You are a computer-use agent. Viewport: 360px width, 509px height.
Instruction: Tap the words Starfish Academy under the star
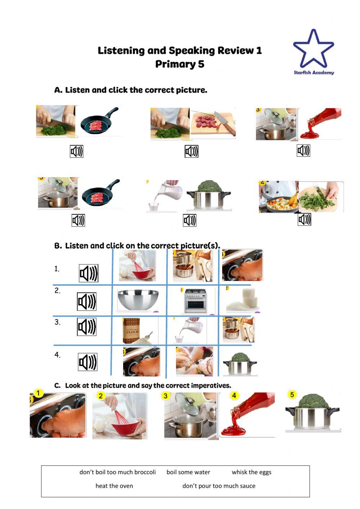click(x=314, y=72)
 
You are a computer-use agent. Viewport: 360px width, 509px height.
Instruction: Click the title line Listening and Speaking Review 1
click(x=180, y=50)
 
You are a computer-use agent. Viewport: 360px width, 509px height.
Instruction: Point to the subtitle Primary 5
click(x=180, y=64)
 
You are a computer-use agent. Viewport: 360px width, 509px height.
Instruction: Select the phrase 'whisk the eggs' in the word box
click(x=251, y=472)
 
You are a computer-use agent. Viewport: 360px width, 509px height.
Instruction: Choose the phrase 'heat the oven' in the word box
click(x=114, y=486)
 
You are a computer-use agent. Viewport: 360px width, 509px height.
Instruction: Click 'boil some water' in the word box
click(x=188, y=472)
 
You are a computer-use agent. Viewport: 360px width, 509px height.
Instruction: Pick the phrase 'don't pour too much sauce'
click(x=219, y=486)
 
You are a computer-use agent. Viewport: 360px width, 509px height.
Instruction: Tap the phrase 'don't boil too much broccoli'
click(x=117, y=472)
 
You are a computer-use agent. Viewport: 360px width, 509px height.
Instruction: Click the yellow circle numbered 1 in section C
click(x=38, y=393)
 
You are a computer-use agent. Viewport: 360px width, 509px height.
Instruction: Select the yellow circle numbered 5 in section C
click(x=292, y=394)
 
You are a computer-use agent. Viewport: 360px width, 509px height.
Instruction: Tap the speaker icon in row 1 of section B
click(x=89, y=273)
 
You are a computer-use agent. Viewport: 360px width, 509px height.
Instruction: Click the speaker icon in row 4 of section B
click(x=87, y=362)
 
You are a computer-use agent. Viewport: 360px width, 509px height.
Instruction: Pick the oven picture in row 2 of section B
click(x=195, y=301)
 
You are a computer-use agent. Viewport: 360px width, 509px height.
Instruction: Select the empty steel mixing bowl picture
click(x=138, y=300)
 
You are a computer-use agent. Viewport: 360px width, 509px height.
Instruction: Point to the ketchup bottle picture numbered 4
click(x=248, y=414)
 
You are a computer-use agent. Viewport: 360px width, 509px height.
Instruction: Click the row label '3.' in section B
click(x=58, y=322)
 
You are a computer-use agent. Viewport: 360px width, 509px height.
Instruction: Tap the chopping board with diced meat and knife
click(x=213, y=123)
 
